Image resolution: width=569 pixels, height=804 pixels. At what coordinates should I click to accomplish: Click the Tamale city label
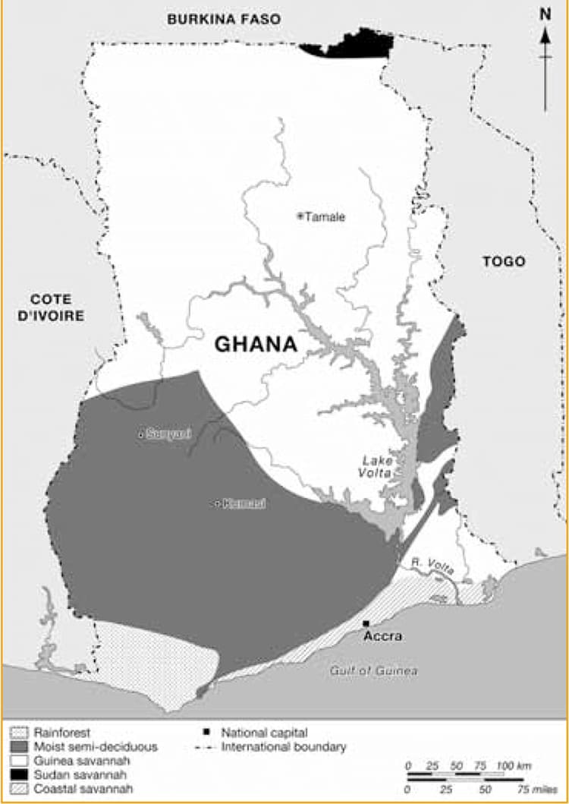[x=325, y=216]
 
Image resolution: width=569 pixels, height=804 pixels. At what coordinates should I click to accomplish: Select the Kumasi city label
[x=244, y=504]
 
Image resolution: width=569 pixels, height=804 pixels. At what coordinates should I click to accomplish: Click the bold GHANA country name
[x=255, y=344]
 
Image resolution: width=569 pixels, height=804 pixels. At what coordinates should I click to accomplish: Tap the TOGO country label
[x=504, y=261]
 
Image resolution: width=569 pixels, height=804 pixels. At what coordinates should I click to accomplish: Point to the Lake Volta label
[x=376, y=466]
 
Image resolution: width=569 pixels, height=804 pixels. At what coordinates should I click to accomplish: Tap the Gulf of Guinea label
[x=374, y=670]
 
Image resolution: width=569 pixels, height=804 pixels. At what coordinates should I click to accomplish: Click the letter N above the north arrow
[x=545, y=13]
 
